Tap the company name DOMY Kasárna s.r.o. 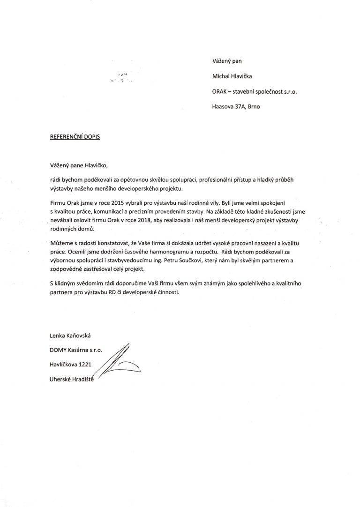75,350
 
